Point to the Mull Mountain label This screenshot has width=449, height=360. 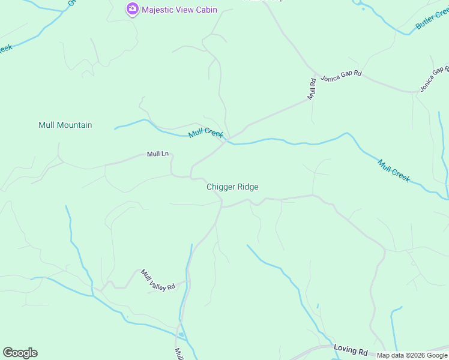tap(65, 125)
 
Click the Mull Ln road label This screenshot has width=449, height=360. tap(158, 154)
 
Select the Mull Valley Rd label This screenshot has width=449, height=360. tap(158, 280)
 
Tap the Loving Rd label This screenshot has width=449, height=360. tap(351, 350)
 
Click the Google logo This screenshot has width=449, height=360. tap(20, 353)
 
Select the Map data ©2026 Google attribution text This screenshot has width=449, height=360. tap(412, 355)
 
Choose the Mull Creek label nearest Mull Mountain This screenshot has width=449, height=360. tap(205, 133)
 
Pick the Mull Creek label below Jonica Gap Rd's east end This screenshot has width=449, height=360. tap(394, 170)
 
